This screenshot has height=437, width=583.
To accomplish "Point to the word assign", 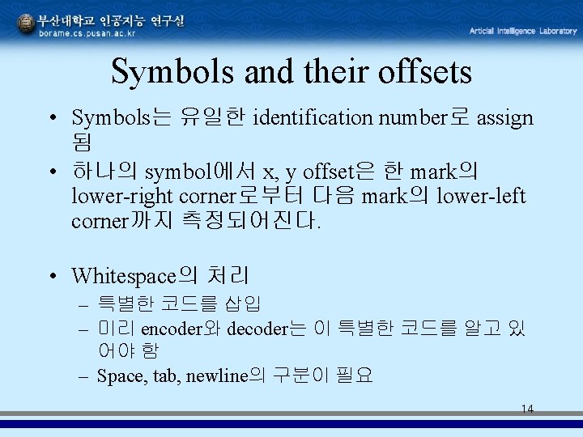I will click(505, 118).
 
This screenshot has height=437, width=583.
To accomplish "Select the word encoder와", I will click(181, 329).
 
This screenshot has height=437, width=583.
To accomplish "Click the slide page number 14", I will click(527, 409).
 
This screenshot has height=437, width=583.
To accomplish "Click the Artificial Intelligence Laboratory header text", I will click(523, 31).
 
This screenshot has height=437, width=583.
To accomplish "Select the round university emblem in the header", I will click(27, 24).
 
